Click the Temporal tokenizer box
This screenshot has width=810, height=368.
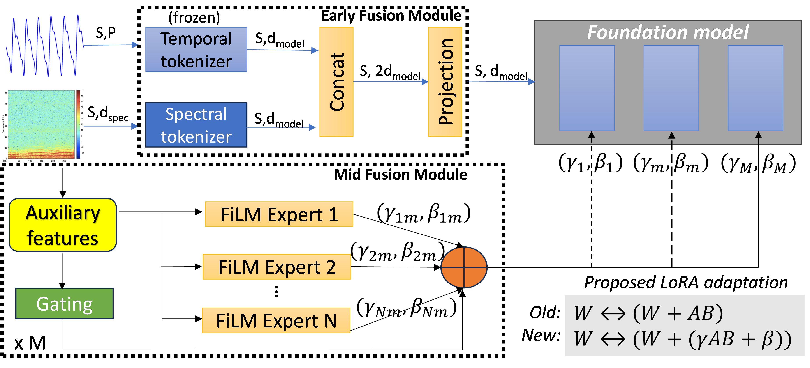[196, 50]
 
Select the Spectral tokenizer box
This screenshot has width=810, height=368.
[196, 125]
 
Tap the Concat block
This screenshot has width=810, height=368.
[336, 82]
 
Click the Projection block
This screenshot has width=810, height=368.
[445, 82]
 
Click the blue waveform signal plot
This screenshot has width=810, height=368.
[45, 45]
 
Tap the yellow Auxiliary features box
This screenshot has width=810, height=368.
[63, 225]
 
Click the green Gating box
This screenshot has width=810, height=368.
[64, 304]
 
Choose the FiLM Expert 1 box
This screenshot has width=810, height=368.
[279, 214]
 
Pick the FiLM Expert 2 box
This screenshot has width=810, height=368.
[277, 267]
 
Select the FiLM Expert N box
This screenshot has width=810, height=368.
[276, 320]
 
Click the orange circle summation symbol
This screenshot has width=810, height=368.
[464, 267]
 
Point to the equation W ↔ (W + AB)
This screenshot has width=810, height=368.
[648, 313]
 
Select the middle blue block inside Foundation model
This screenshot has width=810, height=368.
[671, 88]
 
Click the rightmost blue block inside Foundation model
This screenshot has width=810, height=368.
[755, 88]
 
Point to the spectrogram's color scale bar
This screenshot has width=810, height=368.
[78, 124]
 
